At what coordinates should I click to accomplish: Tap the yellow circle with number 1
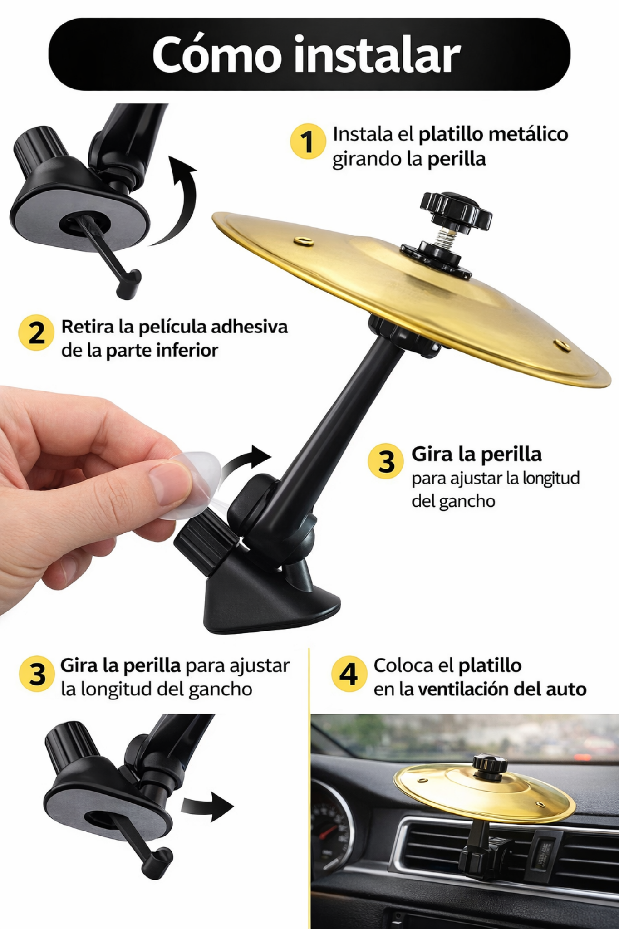tap(308, 141)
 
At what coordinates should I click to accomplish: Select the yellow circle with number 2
tap(36, 332)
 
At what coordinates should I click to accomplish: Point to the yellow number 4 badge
tap(349, 674)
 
